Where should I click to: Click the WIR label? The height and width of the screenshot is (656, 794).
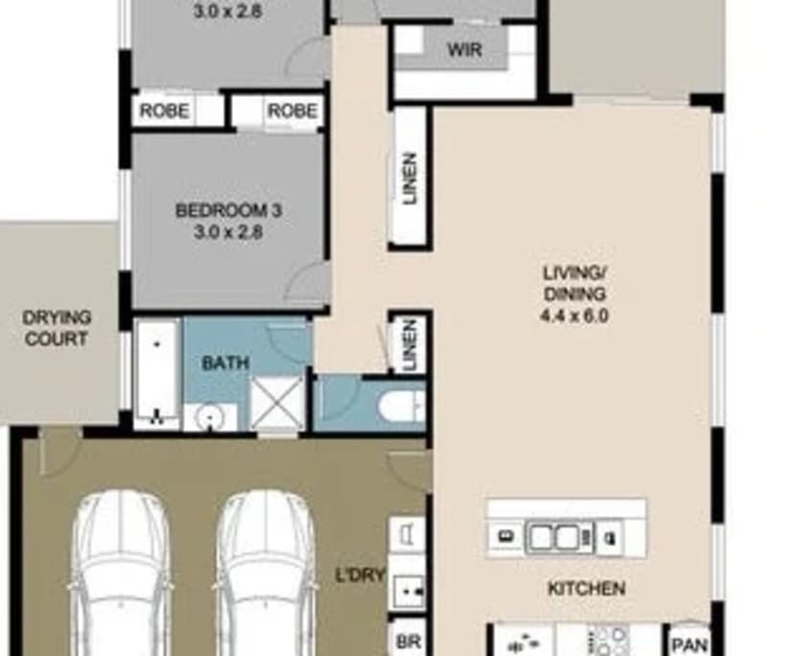coord(464,49)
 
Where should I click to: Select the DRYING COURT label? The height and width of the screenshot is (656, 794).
coord(56,327)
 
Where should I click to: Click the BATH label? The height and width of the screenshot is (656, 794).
coord(225,363)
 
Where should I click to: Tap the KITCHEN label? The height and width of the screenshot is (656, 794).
coord(586,589)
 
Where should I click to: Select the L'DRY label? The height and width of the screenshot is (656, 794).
coord(360,575)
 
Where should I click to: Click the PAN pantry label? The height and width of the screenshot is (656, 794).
coord(689,644)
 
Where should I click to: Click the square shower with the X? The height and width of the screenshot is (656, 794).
coord(277,401)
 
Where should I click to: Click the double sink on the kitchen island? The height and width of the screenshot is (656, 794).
coord(554,536)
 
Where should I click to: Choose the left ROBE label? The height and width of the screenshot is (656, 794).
coord(164,111)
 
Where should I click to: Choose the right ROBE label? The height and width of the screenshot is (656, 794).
coord(292,111)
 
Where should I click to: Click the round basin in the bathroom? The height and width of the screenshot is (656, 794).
coord(209,418)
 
